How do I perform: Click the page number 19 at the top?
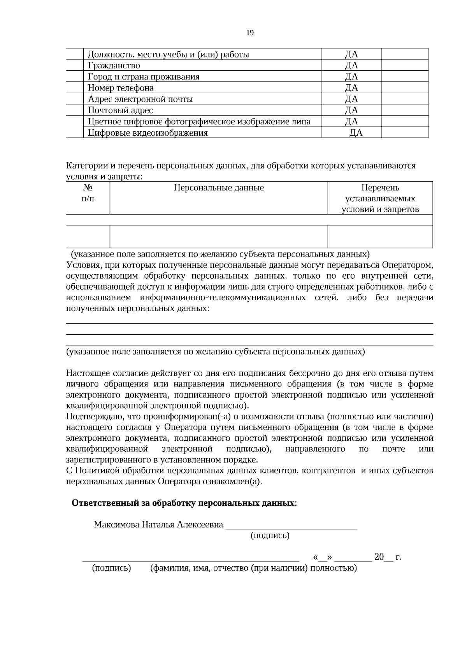point(250,33)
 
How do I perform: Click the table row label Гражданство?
point(114,65)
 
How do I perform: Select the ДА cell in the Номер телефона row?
point(351,88)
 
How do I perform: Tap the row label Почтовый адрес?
point(120,110)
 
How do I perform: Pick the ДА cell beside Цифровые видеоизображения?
point(356,133)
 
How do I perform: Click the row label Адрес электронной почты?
point(140,99)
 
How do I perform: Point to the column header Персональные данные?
point(218,188)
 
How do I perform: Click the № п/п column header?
point(88,193)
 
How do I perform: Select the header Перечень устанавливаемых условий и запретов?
point(380,199)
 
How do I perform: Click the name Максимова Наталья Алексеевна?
point(158,525)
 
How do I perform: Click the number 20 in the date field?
point(379,557)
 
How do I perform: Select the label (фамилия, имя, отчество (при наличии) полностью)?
point(253,568)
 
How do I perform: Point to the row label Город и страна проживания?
point(144,77)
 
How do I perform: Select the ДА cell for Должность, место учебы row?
point(351,54)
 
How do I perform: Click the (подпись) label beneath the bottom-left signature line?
point(111,568)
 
